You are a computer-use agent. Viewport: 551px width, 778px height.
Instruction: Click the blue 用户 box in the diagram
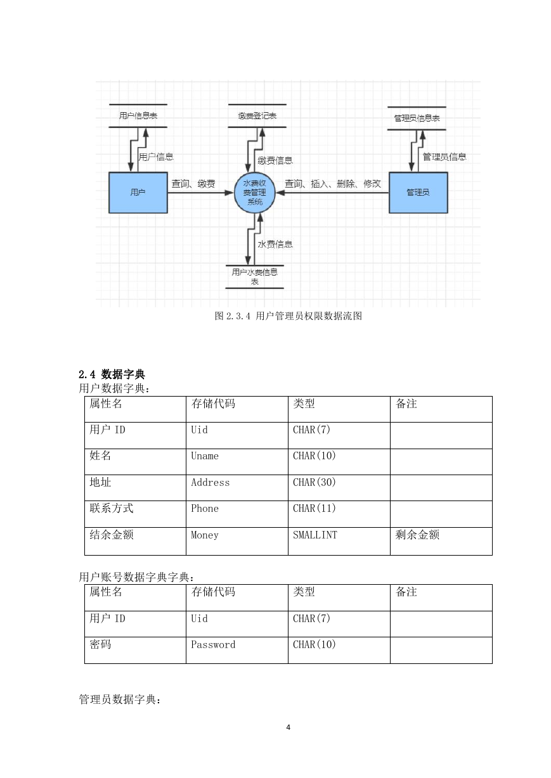138,193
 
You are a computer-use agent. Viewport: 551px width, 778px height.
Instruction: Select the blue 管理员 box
418,193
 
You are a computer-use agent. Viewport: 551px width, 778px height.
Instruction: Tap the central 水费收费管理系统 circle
254,193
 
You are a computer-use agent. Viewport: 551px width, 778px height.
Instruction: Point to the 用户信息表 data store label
138,116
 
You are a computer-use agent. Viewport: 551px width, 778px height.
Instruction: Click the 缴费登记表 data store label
257,116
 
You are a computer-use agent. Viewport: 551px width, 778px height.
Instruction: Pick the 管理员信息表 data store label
417,118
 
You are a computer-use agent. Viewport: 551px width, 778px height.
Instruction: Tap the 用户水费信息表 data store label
254,276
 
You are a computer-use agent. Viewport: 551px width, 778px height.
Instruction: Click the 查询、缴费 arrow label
193,183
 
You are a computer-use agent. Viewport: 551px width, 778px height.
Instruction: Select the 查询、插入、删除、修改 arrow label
333,183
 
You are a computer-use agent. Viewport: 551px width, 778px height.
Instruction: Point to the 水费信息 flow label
275,244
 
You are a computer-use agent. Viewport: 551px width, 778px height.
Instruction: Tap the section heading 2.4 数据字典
112,374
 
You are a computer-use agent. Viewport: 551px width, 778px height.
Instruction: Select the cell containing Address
237,488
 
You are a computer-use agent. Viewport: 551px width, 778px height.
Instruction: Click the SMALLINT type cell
339,541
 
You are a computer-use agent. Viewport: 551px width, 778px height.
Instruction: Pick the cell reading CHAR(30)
339,488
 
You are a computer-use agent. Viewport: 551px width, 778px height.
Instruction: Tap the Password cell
237,650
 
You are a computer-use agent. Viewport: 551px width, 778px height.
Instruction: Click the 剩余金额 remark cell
441,541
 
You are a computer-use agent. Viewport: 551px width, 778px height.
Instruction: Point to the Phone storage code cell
237,514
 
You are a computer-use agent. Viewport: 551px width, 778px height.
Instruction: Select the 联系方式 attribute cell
135,514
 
